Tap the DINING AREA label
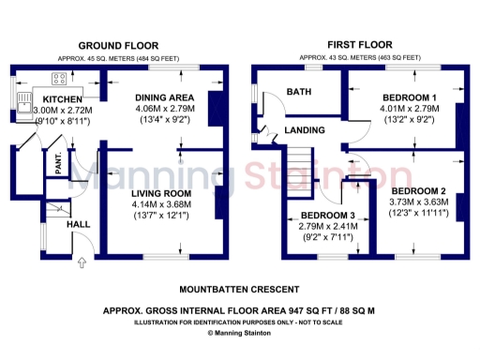point(164,97)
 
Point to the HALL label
point(78,226)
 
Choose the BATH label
point(299,92)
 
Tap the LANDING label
point(305,130)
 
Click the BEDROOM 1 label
point(410,97)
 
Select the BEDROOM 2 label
point(418,193)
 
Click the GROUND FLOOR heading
point(118,46)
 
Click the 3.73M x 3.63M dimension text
point(418,204)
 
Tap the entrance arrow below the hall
point(80,262)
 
